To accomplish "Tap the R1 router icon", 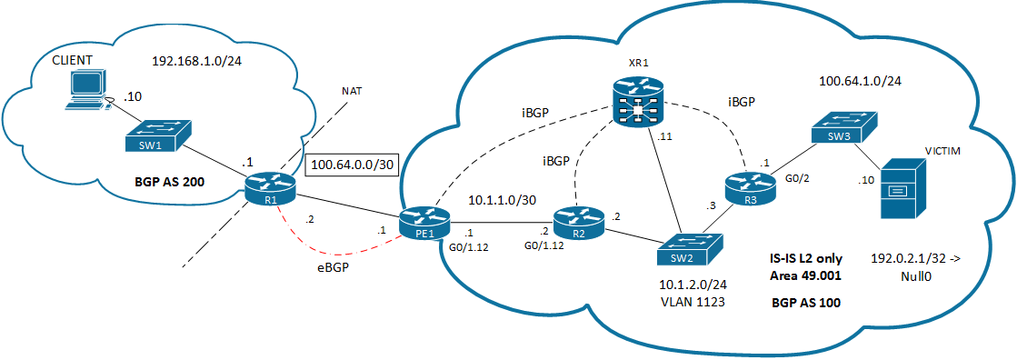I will coord(271,187).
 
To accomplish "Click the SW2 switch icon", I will coord(692,246).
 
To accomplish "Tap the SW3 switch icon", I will coord(843,128).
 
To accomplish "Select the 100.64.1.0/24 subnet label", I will coord(861,82).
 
